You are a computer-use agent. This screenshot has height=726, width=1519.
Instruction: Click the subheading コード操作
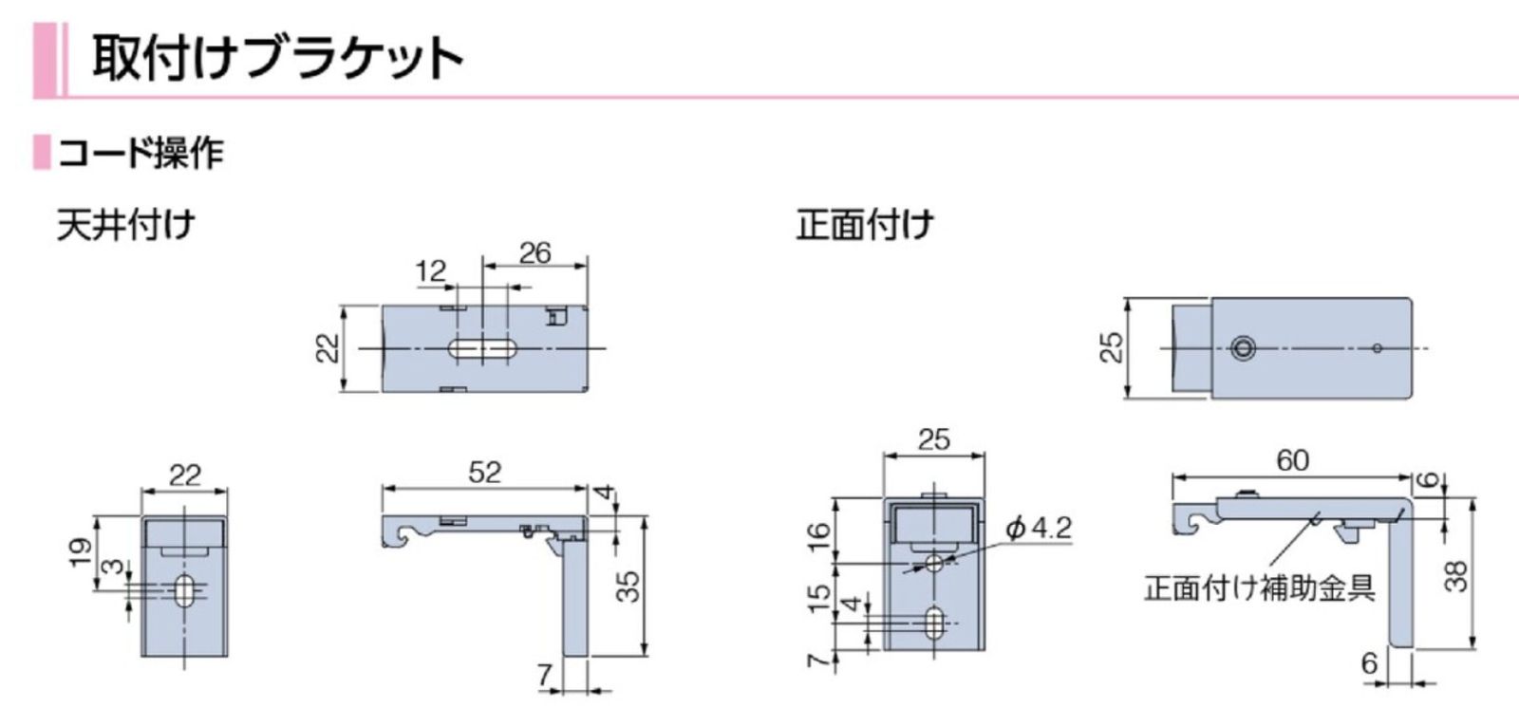(x=141, y=153)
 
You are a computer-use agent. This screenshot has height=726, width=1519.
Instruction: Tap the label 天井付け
(x=125, y=226)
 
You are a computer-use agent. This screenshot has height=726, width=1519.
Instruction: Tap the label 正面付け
(x=865, y=226)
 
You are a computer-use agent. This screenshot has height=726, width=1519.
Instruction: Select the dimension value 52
(x=484, y=472)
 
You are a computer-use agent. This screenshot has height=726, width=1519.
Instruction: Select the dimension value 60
(x=1292, y=460)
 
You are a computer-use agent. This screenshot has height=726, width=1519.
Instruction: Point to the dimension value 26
(x=534, y=252)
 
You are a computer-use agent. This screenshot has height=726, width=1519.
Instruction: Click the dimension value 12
(x=430, y=270)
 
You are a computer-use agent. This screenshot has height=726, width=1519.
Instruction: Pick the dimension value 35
(x=628, y=586)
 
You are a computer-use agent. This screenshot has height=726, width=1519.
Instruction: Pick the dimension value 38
(x=1455, y=576)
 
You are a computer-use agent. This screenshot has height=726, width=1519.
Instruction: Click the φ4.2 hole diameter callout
(x=1038, y=528)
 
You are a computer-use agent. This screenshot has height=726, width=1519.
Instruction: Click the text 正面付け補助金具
(x=1259, y=587)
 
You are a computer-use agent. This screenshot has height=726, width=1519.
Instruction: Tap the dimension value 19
(x=81, y=549)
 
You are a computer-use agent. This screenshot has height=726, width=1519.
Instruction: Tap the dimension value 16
(x=818, y=536)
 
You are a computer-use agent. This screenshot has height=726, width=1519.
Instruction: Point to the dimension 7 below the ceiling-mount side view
(x=544, y=674)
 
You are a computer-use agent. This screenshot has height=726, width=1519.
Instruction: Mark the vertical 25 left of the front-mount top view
(x=1111, y=347)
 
